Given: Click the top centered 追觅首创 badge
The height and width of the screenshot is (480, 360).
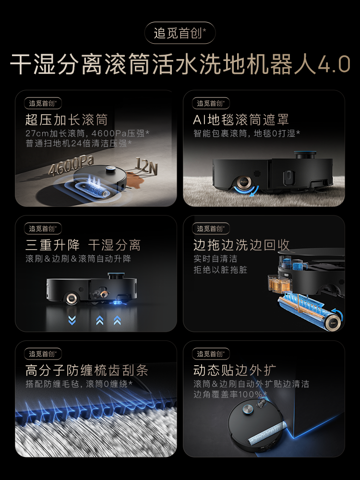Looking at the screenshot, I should [180, 33].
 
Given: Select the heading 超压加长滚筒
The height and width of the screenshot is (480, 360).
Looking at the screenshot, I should [66, 120].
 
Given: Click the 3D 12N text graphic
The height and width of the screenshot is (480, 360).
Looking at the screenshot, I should [147, 167].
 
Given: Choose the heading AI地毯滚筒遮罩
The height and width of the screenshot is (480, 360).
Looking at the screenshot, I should [241, 120].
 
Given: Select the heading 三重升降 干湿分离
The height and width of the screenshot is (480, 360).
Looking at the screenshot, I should [83, 245].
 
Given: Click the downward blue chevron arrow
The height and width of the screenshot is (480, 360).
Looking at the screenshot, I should [72, 320].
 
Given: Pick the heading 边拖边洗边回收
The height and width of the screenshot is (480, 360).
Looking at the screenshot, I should [241, 245].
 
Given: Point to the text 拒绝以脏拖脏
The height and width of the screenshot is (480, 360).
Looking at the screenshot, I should [220, 270].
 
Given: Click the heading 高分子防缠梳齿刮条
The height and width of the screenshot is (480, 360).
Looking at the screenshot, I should [86, 370].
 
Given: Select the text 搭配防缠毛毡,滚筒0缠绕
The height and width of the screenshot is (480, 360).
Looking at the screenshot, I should [79, 384].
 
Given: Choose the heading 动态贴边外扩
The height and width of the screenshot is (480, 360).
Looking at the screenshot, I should [235, 370].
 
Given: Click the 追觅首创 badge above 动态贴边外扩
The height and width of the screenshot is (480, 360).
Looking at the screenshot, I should [211, 354].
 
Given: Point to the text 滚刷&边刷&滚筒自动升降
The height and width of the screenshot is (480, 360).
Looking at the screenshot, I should [78, 259].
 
